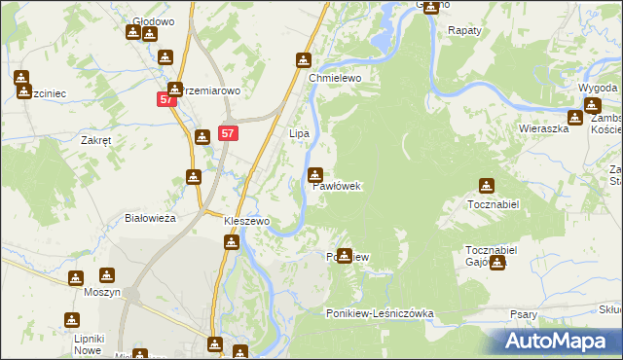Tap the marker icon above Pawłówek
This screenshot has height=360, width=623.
(x=315, y=175)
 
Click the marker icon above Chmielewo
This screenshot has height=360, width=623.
(x=304, y=60)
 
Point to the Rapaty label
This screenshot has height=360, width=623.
(x=464, y=31)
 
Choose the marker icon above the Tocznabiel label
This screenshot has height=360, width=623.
(x=486, y=186)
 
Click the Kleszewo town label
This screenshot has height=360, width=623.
(x=246, y=221)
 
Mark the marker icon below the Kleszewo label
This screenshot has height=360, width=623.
(x=231, y=241)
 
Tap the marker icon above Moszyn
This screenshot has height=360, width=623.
(x=76, y=278)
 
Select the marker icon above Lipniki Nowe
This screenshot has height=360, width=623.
(x=71, y=319)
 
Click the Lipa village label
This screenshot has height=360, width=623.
(x=300, y=132)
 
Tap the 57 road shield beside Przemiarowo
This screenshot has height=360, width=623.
(x=166, y=99)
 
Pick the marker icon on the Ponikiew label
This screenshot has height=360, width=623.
(x=344, y=256)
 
